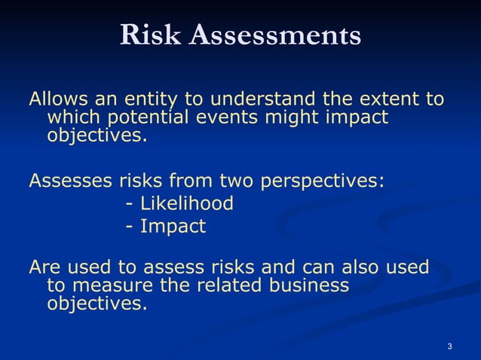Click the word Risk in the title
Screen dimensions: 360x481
[151, 35]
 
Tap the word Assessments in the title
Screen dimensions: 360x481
[275, 35]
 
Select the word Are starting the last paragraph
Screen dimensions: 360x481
[44, 267]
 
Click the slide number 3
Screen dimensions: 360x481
[449, 346]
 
